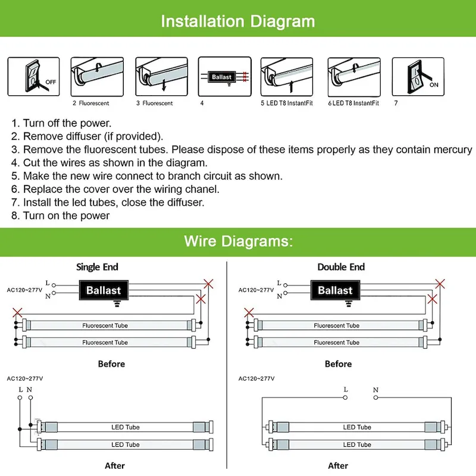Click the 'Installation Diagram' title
point(238,21)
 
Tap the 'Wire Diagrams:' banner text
point(238,241)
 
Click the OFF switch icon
point(33,76)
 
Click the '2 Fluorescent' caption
point(91,104)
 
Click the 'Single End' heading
point(97,267)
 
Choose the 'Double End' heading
point(341,267)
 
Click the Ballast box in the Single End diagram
point(104,290)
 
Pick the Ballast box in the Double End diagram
point(335,290)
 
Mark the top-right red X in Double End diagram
point(440,283)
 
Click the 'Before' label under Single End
point(111,364)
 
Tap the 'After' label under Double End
point(338,465)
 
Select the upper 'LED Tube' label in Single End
point(125,427)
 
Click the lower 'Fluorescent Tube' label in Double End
point(337,343)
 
